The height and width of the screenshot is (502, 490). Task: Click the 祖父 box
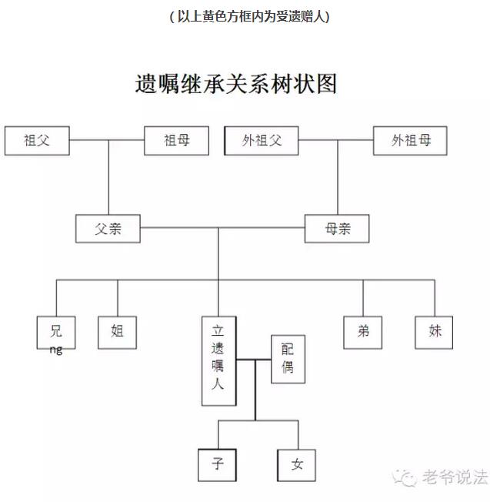tap(37, 141)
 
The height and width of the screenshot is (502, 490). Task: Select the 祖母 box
tap(177, 141)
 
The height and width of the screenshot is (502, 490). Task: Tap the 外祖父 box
tap(262, 141)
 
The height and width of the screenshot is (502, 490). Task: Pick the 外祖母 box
tap(410, 141)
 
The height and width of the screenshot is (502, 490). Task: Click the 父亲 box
tap(108, 229)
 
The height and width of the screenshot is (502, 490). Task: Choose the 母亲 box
tap(337, 229)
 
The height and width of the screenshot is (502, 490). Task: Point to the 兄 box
tap(56, 333)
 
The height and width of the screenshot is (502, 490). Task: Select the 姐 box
tap(118, 333)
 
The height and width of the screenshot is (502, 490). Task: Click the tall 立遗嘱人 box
tap(219, 361)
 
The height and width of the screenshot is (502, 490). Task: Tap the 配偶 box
tap(288, 360)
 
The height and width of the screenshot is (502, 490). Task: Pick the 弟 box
tap(363, 333)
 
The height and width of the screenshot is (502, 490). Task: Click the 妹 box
tap(434, 333)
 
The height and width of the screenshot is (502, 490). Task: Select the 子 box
tap(218, 465)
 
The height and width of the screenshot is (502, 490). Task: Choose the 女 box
tap(296, 465)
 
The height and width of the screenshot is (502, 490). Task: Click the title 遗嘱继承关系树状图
tap(236, 84)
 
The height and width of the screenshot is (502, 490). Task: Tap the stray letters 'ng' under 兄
tap(56, 350)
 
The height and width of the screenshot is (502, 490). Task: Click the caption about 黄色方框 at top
tap(249, 17)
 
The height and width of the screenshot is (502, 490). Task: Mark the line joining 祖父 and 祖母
tap(107, 140)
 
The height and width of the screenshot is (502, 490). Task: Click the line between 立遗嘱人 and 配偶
tap(254, 360)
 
